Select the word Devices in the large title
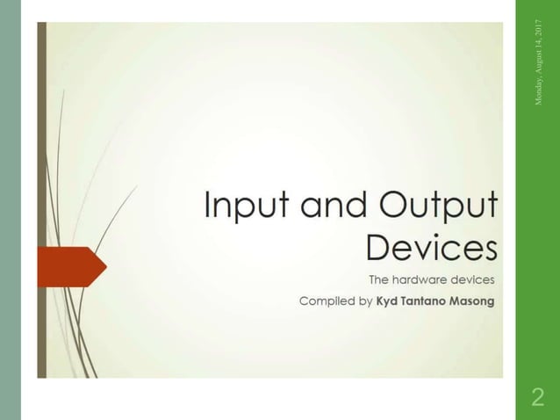pos(431,247)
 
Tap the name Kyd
pos(389,301)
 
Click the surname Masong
pos(474,301)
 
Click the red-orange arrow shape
pos(70,265)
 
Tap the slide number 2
pos(538,398)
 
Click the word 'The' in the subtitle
pos(378,281)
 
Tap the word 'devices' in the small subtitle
pos(474,281)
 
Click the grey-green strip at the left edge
pos(10,210)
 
